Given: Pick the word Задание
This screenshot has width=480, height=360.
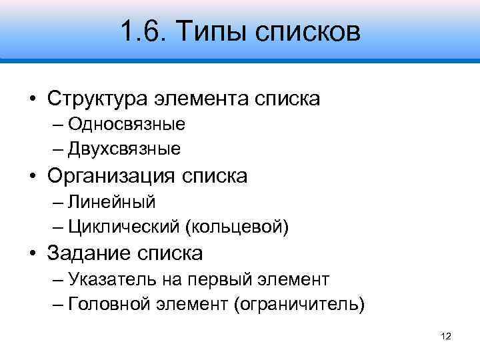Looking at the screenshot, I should click(x=88, y=253).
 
